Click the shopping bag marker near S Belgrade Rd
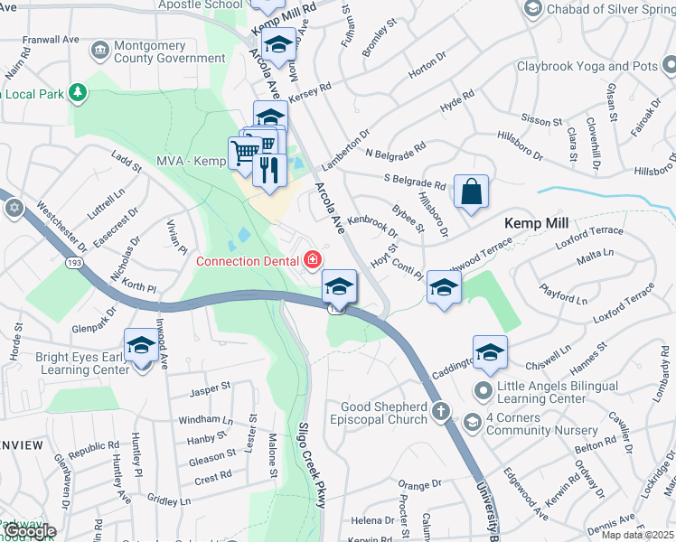[471, 192]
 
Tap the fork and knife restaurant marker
[268, 169]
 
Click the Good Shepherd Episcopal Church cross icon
[440, 412]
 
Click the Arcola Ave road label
[330, 208]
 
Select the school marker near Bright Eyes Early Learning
[141, 345]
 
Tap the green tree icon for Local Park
[79, 92]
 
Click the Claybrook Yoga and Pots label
[587, 67]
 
